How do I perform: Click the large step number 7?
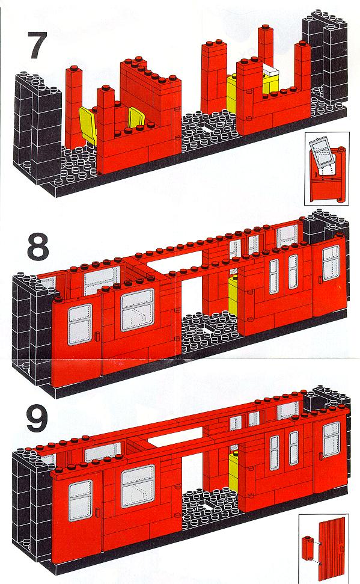[38, 46]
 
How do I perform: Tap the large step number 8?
[38, 246]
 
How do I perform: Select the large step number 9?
[37, 419]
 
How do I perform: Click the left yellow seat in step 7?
[88, 124]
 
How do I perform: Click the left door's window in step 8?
[80, 324]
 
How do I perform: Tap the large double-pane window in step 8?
[138, 310]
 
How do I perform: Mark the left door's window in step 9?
[81, 500]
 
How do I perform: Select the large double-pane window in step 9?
[138, 486]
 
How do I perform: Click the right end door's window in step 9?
[331, 440]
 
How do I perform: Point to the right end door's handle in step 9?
[320, 456]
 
